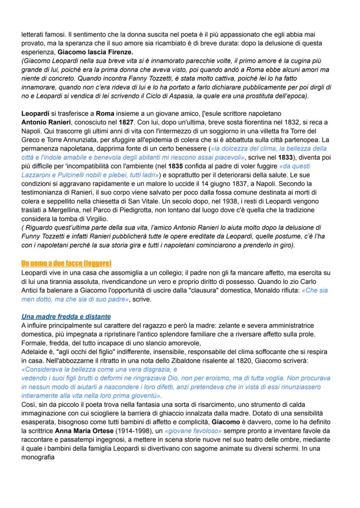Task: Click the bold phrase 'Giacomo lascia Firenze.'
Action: pos(91,51)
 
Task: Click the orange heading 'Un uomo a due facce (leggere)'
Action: pos(67,264)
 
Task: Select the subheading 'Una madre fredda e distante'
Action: pos(66,316)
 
